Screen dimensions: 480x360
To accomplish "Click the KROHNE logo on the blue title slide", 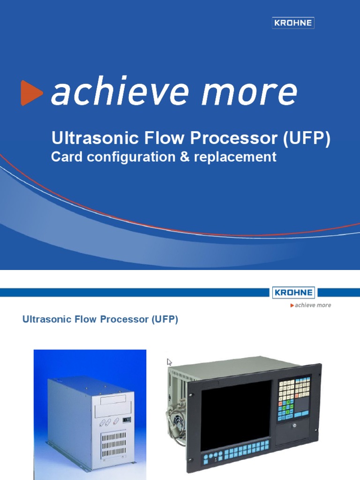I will (x=293, y=22).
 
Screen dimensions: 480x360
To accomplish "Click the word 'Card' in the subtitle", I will (x=64, y=157).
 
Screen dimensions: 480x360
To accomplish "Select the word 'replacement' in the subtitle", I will (x=231, y=157).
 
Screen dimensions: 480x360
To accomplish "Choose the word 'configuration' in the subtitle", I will (x=125, y=157).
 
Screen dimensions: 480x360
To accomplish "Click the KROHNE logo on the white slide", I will (x=293, y=292).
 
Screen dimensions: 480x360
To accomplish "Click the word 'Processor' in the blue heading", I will (x=124, y=320).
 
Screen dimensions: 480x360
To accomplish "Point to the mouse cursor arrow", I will (x=169, y=362).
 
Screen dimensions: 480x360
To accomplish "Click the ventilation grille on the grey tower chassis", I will (x=114, y=443).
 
